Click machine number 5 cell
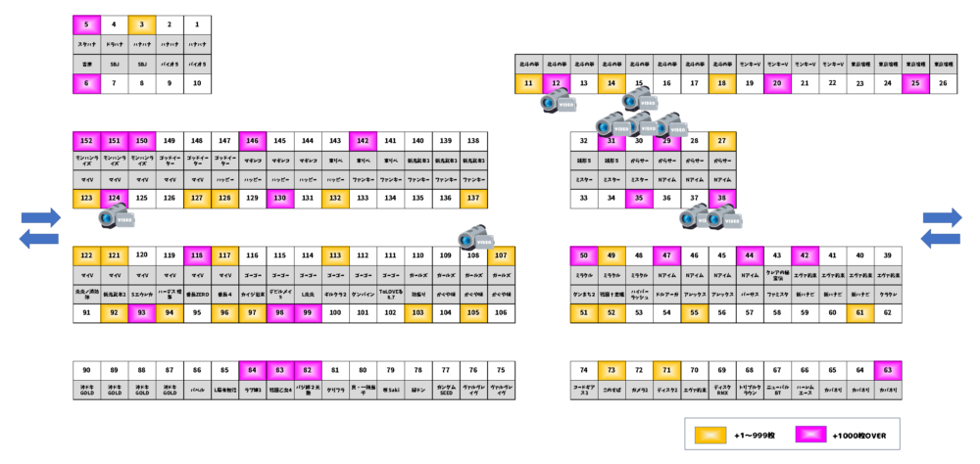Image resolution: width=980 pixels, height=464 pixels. pyautogui.click(x=86, y=24)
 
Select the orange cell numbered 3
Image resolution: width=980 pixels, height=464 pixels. pyautogui.click(x=142, y=24)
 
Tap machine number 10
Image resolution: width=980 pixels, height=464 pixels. pyautogui.click(x=197, y=84)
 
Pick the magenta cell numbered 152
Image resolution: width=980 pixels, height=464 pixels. pyautogui.click(x=86, y=141)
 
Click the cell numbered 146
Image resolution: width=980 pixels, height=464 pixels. pyautogui.click(x=252, y=141)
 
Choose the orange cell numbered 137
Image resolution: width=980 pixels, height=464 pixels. pyautogui.click(x=474, y=198)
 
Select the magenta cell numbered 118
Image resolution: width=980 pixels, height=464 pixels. pyautogui.click(x=197, y=255)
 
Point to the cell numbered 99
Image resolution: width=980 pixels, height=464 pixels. pyautogui.click(x=308, y=312)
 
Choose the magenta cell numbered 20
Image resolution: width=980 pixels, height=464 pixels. pyautogui.click(x=777, y=83)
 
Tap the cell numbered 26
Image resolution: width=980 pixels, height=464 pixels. pyautogui.click(x=943, y=83)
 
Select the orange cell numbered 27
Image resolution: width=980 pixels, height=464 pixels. pyautogui.click(x=722, y=141)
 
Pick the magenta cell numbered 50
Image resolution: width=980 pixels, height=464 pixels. pyautogui.click(x=584, y=255)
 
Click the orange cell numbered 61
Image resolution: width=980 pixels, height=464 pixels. pyautogui.click(x=860, y=312)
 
